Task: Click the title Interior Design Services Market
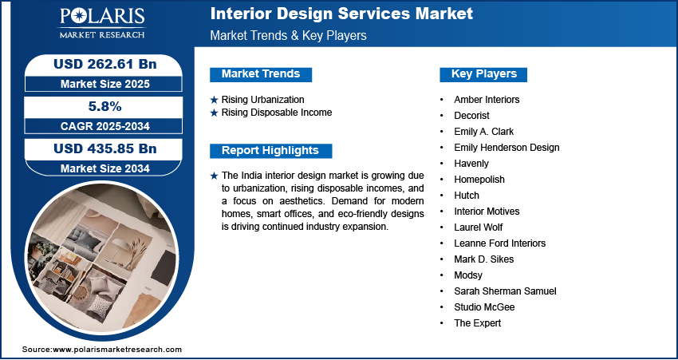click(x=341, y=14)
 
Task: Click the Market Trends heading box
click(x=261, y=74)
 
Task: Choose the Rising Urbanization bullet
click(x=262, y=99)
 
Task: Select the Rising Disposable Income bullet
click(x=276, y=113)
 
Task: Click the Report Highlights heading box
click(x=270, y=150)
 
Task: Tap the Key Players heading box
click(x=483, y=74)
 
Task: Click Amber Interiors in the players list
click(x=487, y=100)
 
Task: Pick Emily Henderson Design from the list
click(x=507, y=148)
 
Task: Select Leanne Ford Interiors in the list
click(x=499, y=243)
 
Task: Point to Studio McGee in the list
click(x=484, y=307)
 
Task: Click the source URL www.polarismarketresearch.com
click(x=116, y=350)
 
